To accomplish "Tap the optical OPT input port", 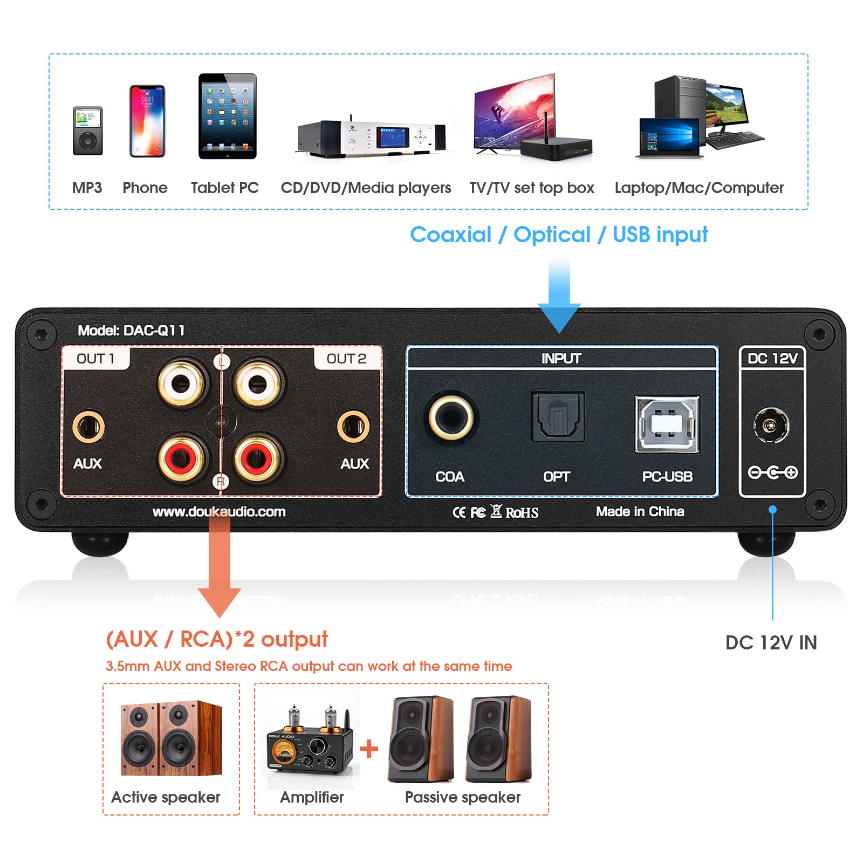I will [x=558, y=417].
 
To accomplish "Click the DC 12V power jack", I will [x=771, y=426].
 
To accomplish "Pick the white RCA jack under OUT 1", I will [x=181, y=383].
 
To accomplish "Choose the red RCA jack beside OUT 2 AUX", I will [x=258, y=458].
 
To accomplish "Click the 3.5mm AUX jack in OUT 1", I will [x=88, y=427].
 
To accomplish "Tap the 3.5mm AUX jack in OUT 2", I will [x=353, y=427].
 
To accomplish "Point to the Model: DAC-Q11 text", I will [x=131, y=330].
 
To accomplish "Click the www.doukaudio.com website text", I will [x=219, y=511].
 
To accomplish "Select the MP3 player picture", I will [x=87, y=131].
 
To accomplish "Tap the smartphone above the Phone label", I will [x=147, y=121].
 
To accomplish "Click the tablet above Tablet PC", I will [x=227, y=117].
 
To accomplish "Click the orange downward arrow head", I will [x=220, y=601].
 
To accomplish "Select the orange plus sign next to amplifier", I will [x=369, y=749].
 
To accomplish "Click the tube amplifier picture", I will [x=310, y=744].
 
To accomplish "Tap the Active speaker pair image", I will [x=171, y=739].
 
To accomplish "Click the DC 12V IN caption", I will [x=771, y=642].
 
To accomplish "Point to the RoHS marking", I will [x=522, y=512].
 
